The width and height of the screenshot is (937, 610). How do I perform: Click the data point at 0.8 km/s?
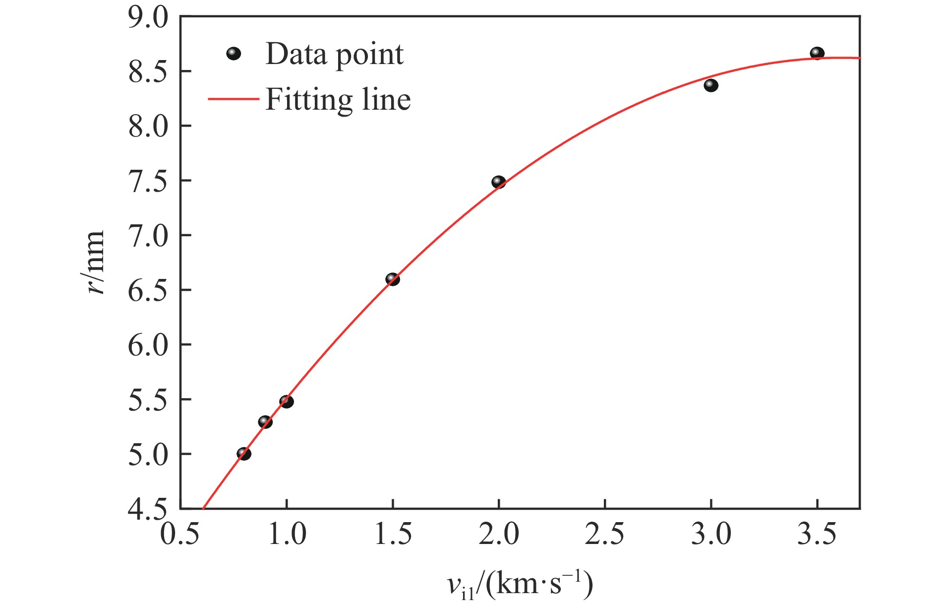point(244,453)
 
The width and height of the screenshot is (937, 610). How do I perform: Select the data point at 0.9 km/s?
point(265,422)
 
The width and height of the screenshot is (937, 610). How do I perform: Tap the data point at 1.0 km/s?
point(287,401)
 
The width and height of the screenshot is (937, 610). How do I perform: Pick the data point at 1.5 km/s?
point(393,279)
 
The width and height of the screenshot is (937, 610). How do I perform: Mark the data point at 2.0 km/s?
point(499,182)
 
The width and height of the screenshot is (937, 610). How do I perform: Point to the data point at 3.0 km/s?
point(711,85)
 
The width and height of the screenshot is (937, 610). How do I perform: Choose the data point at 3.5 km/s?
point(817,53)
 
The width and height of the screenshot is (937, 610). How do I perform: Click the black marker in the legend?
point(234,54)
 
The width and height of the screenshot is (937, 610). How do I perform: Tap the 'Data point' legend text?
point(335,54)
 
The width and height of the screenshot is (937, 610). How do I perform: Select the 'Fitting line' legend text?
point(338,100)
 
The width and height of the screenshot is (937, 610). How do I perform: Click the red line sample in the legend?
point(233,99)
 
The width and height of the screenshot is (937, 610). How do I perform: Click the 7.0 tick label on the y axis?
point(148,236)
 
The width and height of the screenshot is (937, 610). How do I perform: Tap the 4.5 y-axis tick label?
point(148,510)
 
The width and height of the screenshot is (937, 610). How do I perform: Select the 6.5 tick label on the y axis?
point(148,290)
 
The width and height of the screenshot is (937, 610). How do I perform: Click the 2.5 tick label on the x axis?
point(605,535)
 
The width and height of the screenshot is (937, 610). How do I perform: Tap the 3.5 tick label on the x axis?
point(817,535)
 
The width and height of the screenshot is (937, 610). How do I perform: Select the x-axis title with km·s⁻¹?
point(520,586)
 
